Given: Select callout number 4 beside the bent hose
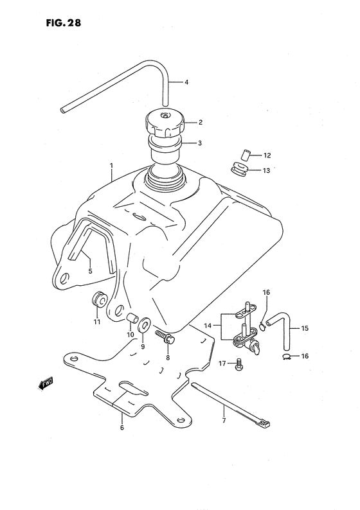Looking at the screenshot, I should point(186,82).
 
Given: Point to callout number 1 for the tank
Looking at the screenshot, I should point(111,165).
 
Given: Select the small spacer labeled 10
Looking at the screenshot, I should point(131,317).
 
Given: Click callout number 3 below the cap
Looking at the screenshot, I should point(182,143).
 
